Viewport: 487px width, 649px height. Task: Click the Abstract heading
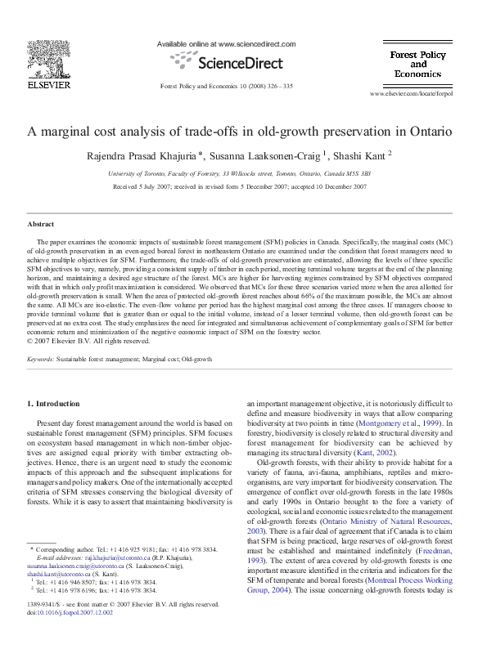point(41,223)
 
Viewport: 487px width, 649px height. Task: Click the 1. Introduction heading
point(54,403)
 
